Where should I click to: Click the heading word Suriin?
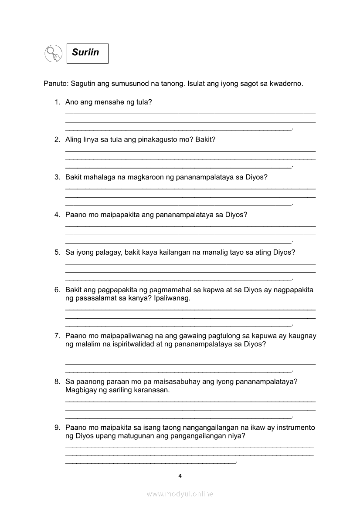[x=85, y=53]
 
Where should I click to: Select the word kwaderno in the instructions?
[x=286, y=83]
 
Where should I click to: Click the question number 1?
[x=57, y=102]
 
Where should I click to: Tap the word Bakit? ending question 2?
[x=205, y=140]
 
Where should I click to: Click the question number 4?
[x=57, y=215]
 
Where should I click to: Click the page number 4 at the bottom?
[x=180, y=476]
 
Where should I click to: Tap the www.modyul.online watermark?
[x=180, y=494]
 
